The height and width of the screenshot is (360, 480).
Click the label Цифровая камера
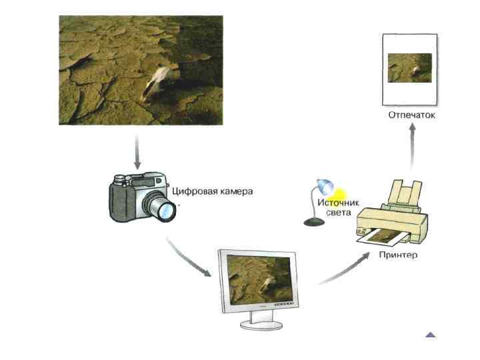pyautogui.click(x=213, y=191)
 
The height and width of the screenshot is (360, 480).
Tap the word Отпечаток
pyautogui.click(x=411, y=115)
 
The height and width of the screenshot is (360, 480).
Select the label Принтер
pyautogui.click(x=397, y=255)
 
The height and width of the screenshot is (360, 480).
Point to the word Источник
pyautogui.click(x=338, y=202)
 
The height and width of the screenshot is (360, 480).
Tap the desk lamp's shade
pyautogui.click(x=325, y=185)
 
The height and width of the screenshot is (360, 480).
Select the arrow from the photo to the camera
pyautogui.click(x=137, y=153)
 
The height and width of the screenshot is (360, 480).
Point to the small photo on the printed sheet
pyautogui.click(x=409, y=68)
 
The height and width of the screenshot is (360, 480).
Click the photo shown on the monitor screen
pyautogui.click(x=259, y=279)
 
